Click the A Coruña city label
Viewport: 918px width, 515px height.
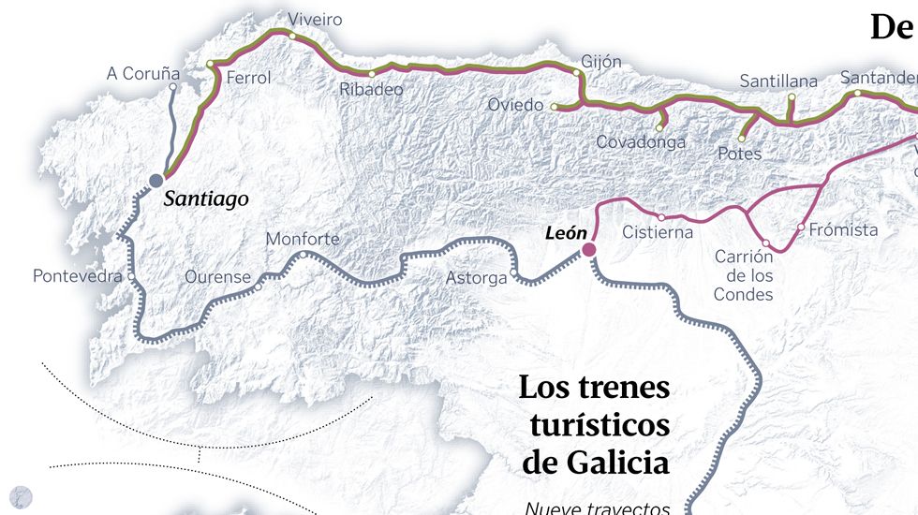pyautogui.click(x=142, y=72)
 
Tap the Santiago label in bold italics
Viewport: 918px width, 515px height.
pyautogui.click(x=206, y=199)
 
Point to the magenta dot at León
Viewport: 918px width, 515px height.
pyautogui.click(x=589, y=249)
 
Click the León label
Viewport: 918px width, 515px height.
pyautogui.click(x=566, y=233)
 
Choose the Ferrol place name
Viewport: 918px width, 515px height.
pyautogui.click(x=248, y=78)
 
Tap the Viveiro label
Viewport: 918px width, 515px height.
pyautogui.click(x=315, y=20)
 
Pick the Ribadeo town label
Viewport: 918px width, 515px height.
pyautogui.click(x=371, y=90)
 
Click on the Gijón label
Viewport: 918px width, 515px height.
pyautogui.click(x=600, y=62)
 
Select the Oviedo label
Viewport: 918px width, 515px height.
pyautogui.click(x=515, y=105)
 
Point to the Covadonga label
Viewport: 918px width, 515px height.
pyautogui.click(x=641, y=142)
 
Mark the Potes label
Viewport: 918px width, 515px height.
pyautogui.click(x=739, y=153)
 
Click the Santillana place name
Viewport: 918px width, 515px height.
pyautogui.click(x=778, y=81)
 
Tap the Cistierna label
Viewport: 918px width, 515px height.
pyautogui.click(x=658, y=232)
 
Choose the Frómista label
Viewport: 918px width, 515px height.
pyautogui.click(x=843, y=229)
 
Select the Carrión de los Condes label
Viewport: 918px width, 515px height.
pyautogui.click(x=744, y=275)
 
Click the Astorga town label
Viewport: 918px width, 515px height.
pyautogui.click(x=476, y=278)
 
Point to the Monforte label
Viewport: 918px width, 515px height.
pyautogui.click(x=303, y=239)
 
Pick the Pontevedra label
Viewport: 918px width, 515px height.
pyautogui.click(x=78, y=276)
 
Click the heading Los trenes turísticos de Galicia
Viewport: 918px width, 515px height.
pyautogui.click(x=595, y=424)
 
